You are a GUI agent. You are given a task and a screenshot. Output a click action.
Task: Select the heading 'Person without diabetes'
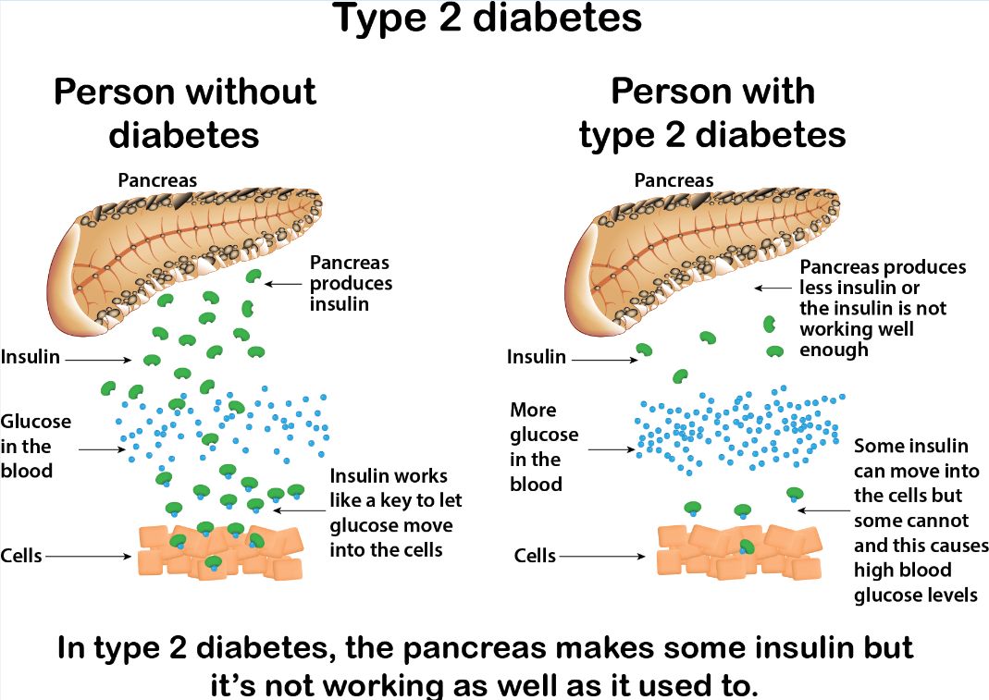point(184,113)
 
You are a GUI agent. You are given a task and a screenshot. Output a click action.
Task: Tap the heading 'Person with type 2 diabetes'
point(712,113)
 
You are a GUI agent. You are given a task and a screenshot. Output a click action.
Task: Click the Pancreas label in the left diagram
point(157,180)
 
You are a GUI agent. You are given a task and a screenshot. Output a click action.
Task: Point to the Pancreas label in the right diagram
point(674,180)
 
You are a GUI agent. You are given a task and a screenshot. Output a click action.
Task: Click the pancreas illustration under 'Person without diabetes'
point(184,260)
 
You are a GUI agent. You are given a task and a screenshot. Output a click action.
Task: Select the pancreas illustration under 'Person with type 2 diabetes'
point(701,260)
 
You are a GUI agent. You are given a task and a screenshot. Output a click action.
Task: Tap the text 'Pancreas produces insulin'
point(351,283)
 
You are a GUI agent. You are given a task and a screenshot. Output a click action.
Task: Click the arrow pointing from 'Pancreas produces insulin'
point(283,285)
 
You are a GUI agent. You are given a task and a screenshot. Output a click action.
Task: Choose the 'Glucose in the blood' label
point(36,446)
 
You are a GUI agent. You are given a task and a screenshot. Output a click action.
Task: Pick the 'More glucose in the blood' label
point(544,447)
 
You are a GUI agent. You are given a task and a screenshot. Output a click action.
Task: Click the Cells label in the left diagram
point(21,556)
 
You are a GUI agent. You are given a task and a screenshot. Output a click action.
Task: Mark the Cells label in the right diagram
point(535,556)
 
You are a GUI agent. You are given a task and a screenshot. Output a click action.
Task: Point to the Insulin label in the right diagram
point(536,357)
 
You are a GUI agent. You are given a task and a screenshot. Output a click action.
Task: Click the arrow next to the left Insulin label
point(98,360)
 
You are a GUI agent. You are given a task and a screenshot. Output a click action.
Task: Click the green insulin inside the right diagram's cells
point(748,547)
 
